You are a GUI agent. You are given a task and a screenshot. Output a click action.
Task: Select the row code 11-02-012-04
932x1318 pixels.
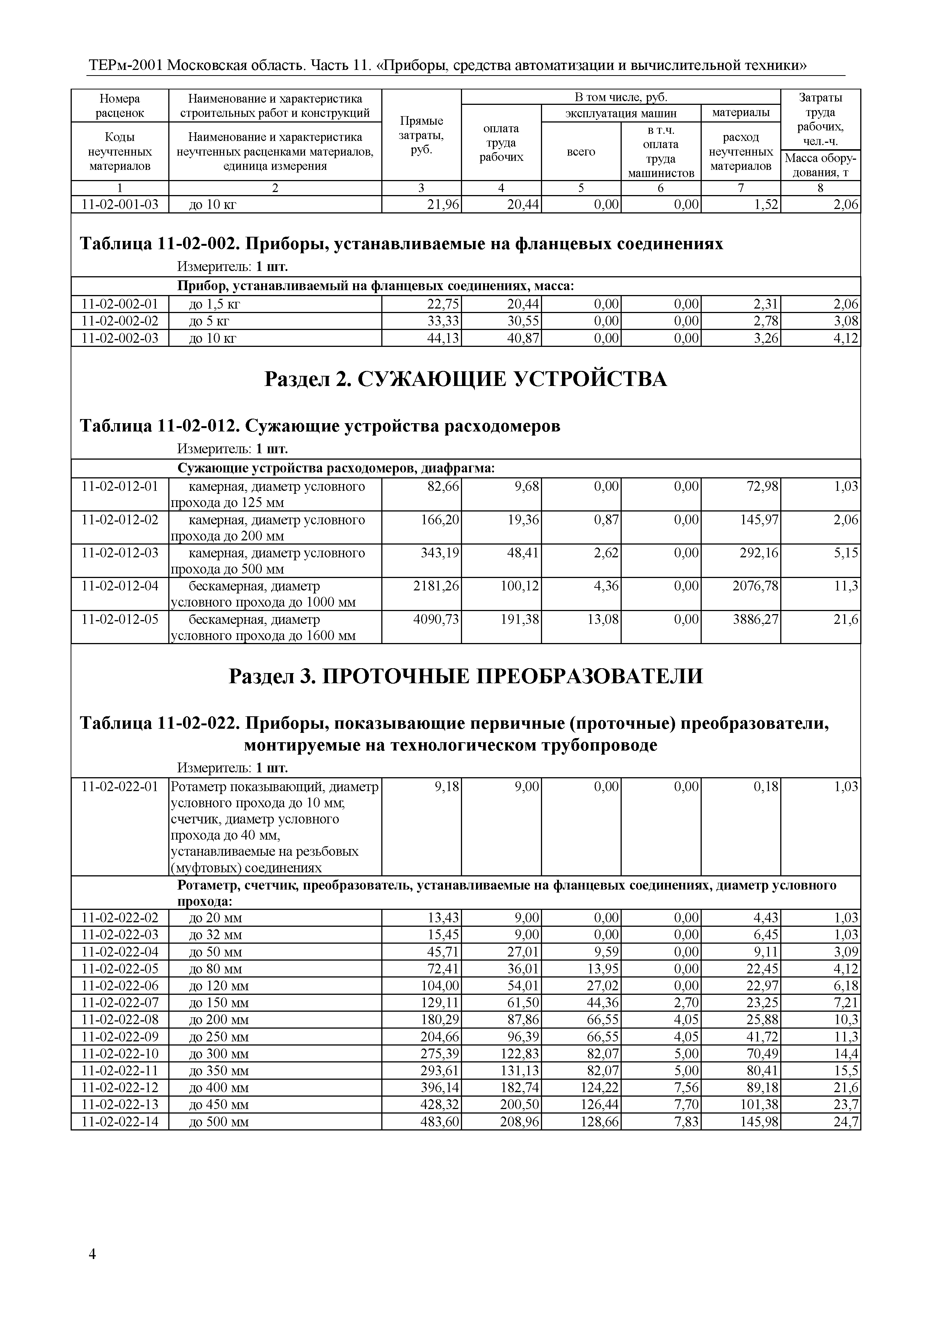[120, 586]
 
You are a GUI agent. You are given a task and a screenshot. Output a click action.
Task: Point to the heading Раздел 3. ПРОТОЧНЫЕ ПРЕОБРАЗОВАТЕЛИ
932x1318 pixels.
[465, 676]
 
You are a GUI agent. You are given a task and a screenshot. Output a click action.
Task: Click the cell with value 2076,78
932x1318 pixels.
[756, 586]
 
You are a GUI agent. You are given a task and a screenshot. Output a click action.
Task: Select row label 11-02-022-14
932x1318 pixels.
[120, 1122]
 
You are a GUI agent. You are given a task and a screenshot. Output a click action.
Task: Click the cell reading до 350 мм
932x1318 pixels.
[219, 1071]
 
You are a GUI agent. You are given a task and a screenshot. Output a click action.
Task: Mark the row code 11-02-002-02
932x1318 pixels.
[120, 321]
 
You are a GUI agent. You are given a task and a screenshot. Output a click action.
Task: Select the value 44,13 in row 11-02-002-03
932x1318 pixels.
[443, 338]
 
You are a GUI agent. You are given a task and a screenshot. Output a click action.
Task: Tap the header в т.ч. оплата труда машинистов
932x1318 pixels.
[660, 151]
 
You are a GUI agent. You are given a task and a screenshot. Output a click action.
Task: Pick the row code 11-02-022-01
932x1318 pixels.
[120, 787]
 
